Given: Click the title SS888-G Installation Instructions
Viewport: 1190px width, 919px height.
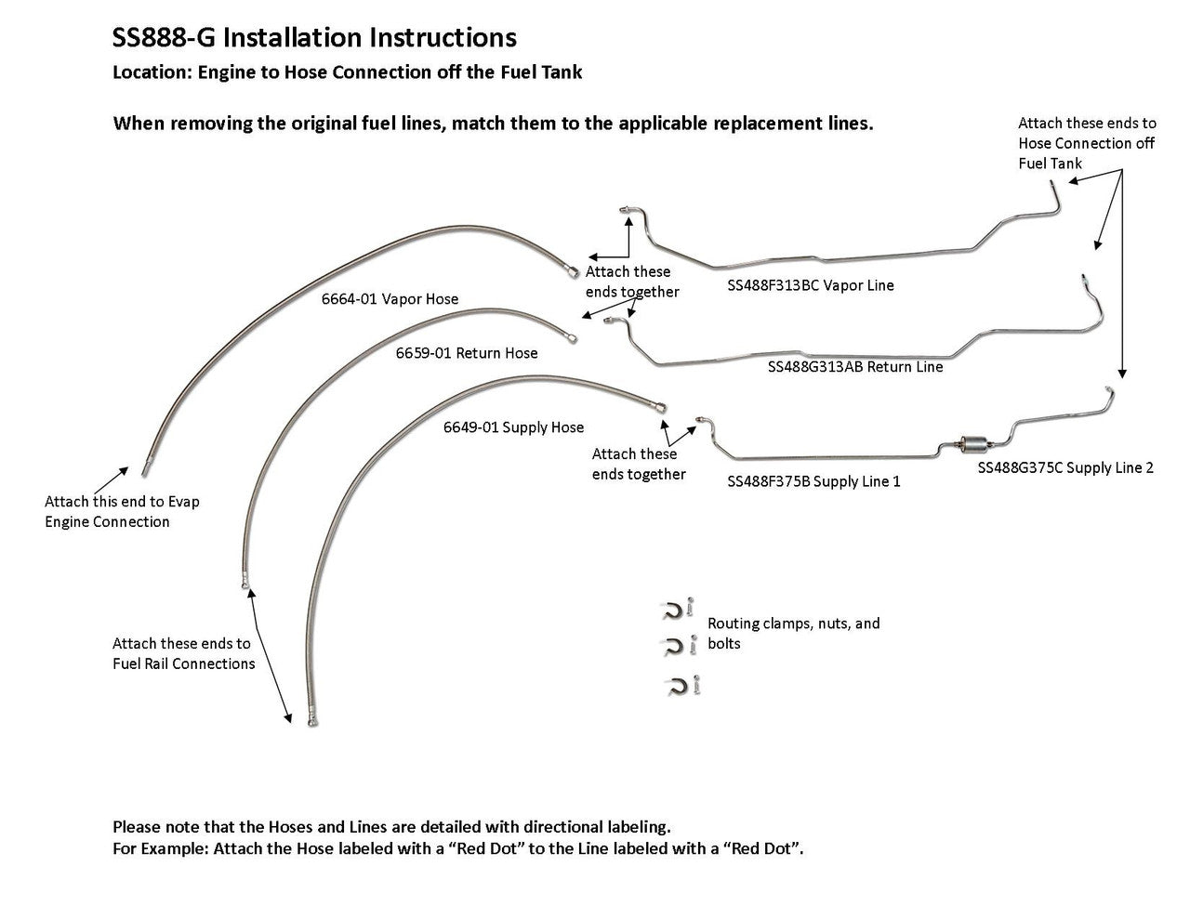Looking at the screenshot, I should click(x=314, y=38).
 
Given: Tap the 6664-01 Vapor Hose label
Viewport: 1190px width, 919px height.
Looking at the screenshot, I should click(x=390, y=299).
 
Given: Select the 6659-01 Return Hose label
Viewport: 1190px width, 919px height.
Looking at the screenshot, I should click(x=467, y=353).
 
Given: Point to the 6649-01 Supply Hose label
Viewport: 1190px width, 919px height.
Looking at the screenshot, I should click(x=513, y=427).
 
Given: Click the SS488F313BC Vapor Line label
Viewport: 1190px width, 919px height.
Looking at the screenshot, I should click(x=810, y=286).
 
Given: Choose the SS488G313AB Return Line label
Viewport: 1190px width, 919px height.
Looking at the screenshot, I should click(x=854, y=367).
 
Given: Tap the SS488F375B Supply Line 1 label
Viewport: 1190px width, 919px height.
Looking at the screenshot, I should click(x=813, y=482).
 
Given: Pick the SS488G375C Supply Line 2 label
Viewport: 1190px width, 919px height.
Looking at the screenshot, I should click(x=1064, y=468).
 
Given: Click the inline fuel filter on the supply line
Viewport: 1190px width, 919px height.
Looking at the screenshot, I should click(x=972, y=445).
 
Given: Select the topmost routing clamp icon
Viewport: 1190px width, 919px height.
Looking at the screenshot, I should click(x=672, y=610).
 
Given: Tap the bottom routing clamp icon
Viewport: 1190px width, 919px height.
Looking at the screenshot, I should click(x=676, y=687).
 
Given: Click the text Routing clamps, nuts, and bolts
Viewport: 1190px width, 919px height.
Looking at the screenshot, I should click(x=793, y=633).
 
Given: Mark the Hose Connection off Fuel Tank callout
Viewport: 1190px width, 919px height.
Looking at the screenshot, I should click(x=1087, y=143).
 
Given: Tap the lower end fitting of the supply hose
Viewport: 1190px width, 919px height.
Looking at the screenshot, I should click(x=311, y=719).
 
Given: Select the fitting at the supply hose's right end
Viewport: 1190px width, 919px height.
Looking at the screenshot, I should click(x=660, y=407).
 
